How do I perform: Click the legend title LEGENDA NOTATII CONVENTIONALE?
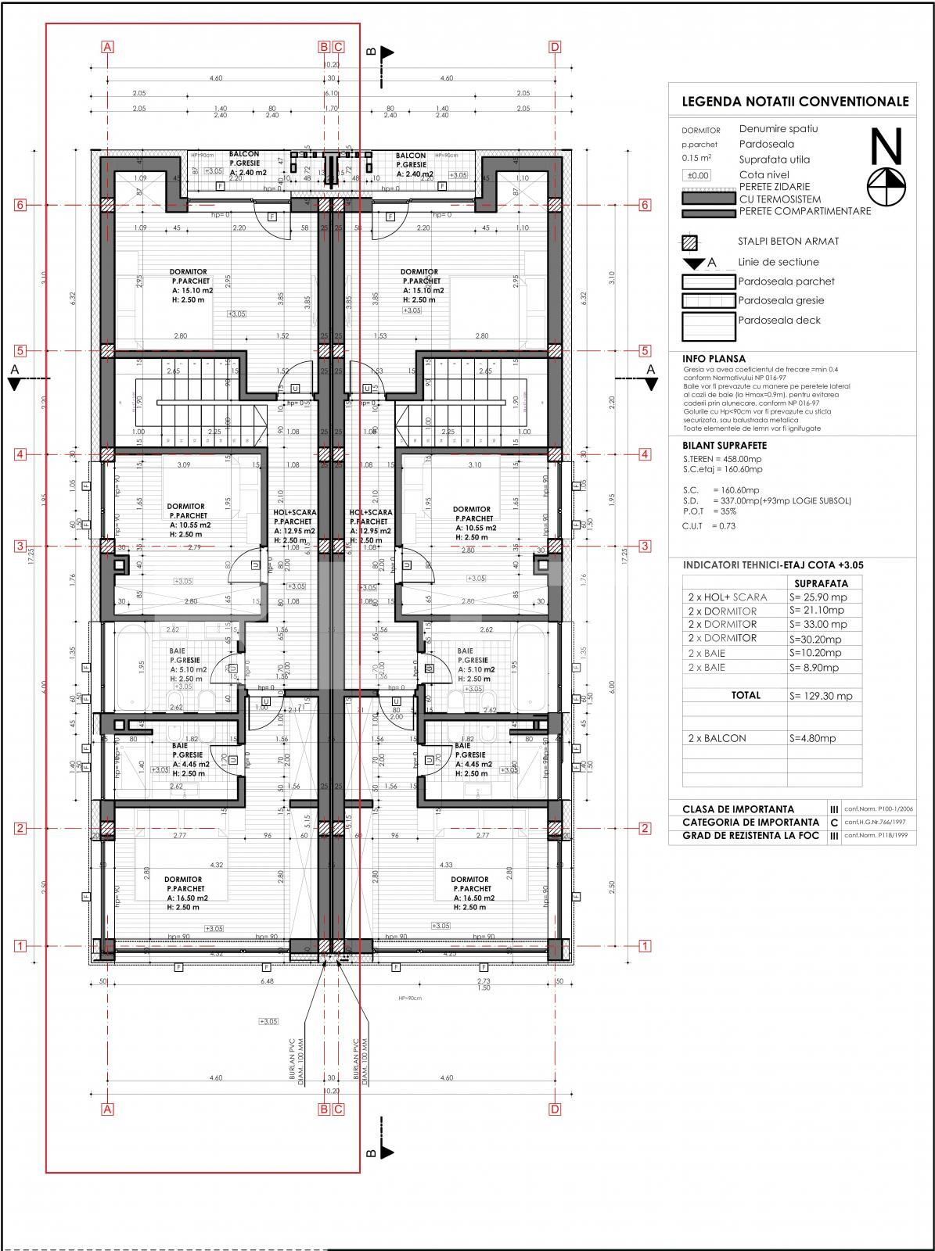(x=795, y=102)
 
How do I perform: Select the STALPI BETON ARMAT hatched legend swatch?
(x=689, y=242)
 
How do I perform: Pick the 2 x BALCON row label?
(x=717, y=738)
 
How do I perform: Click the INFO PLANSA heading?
(x=714, y=359)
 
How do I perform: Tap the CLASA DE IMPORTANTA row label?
(x=738, y=809)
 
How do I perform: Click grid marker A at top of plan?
(x=108, y=47)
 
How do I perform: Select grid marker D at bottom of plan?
(x=555, y=1109)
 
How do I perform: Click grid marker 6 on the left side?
(x=21, y=205)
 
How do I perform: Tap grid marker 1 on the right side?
(x=646, y=946)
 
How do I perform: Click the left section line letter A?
(x=15, y=368)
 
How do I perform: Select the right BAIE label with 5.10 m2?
(x=465, y=651)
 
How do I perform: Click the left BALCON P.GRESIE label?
(x=244, y=155)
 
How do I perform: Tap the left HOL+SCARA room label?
(x=295, y=513)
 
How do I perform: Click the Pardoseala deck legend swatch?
(x=708, y=327)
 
